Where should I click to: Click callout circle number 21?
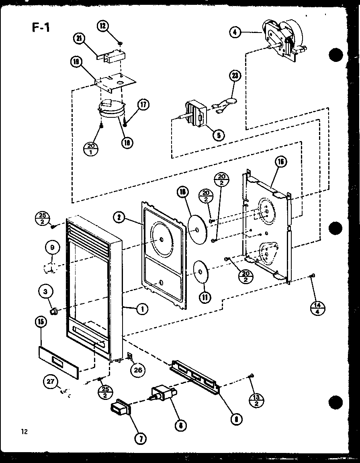click(x=80, y=39)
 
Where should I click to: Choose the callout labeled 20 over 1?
click(x=90, y=149)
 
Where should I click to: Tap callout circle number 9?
click(x=52, y=248)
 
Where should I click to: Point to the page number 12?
click(x=25, y=432)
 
